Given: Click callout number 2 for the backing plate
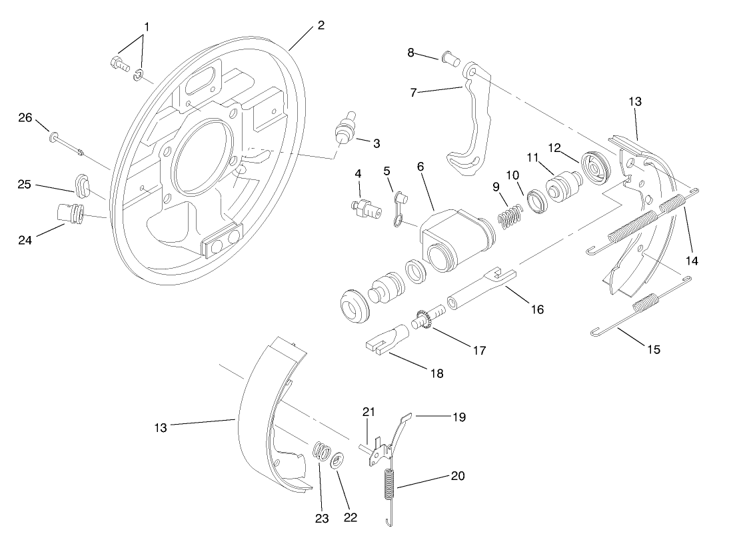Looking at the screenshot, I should coord(321,26).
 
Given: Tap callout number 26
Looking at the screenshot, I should coord(25,118).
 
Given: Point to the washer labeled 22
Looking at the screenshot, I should coord(337,460).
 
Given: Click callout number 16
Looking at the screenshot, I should coord(536,309).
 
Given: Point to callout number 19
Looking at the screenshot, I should coord(458,418).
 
